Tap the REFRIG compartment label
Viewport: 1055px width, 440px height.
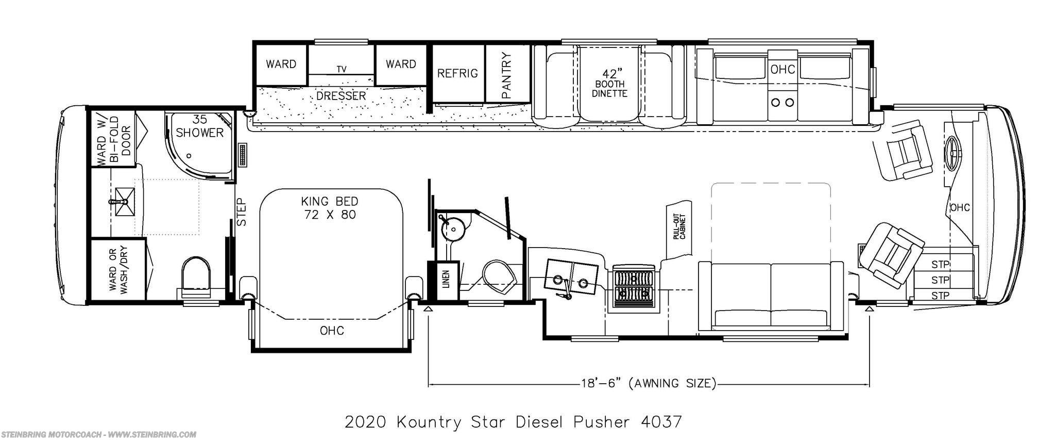tap(457, 73)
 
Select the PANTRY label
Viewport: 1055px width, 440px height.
tap(507, 75)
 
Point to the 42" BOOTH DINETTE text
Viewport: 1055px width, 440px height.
tap(609, 83)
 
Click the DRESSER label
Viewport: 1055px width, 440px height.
tap(341, 96)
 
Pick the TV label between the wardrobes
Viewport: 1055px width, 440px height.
tap(341, 69)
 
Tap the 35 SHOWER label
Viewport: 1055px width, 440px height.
tap(200, 126)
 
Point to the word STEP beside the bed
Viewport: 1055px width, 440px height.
tap(242, 213)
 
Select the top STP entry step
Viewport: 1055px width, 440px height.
tap(940, 265)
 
